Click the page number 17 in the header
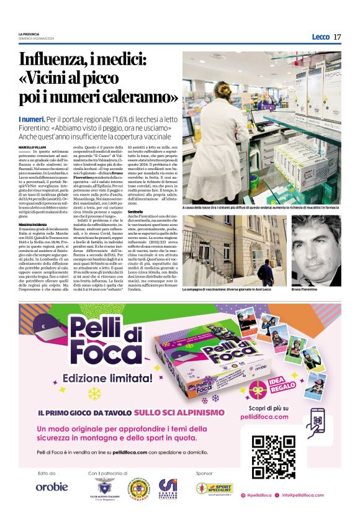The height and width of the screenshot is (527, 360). click(337, 37)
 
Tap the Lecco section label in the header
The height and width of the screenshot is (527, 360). click(320, 37)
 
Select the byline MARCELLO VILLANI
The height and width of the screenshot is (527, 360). click(33, 146)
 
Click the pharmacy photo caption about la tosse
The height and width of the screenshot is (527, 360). click(261, 207)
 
